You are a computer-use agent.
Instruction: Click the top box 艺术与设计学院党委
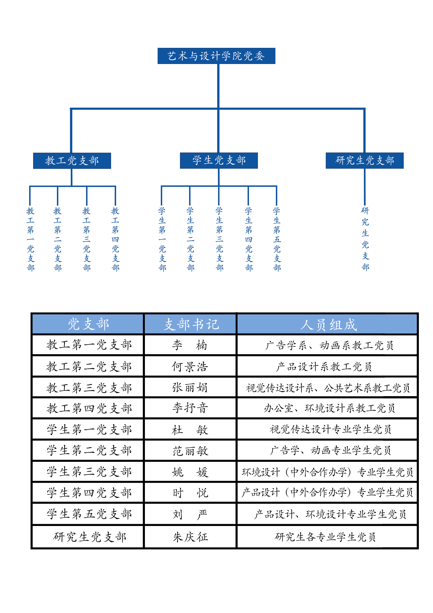[216, 56]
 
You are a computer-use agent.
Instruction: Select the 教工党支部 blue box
[72, 161]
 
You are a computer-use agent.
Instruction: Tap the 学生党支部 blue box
[219, 160]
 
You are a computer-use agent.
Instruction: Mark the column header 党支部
[88, 324]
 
